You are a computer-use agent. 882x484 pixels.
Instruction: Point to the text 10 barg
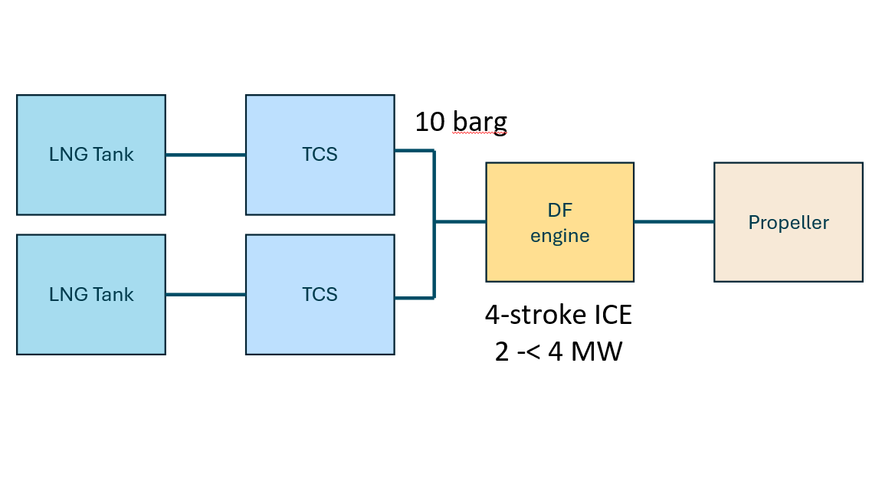[x=461, y=122]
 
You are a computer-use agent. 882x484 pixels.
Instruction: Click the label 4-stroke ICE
[x=559, y=316]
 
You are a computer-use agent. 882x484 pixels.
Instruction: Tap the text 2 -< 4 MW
[x=559, y=353]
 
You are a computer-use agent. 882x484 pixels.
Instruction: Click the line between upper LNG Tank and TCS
[x=205, y=155]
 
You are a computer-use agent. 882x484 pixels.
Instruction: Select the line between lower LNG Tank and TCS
[x=205, y=295]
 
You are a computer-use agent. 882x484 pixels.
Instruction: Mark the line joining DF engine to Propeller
[x=674, y=222]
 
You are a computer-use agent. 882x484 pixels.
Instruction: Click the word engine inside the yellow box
[x=560, y=236]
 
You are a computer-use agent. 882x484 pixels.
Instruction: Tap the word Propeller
[x=789, y=223]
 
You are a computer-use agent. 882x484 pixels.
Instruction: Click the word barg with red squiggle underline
[x=479, y=122]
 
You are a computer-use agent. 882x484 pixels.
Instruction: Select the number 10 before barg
[x=429, y=122]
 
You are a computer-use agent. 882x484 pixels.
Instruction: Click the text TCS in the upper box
[x=320, y=155]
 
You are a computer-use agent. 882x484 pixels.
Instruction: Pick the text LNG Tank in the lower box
[x=91, y=295]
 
